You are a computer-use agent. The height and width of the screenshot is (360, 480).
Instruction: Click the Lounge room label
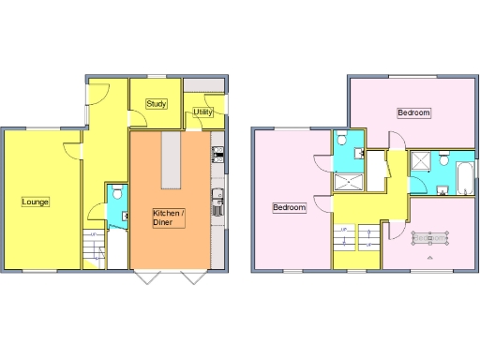(x=36, y=202)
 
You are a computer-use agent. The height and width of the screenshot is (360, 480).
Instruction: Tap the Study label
(x=157, y=104)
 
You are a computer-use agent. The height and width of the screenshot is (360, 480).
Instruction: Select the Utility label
(x=202, y=112)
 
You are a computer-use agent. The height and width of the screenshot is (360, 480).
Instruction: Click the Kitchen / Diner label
(x=169, y=218)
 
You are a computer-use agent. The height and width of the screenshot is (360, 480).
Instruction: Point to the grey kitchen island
(x=171, y=160)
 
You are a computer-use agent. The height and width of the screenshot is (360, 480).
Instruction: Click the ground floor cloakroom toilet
(x=116, y=194)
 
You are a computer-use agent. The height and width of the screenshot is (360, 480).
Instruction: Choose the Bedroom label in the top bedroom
(x=413, y=112)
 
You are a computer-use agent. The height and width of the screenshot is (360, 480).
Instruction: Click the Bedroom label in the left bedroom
(x=289, y=207)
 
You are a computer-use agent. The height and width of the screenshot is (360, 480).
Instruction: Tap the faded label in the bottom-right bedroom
(x=429, y=238)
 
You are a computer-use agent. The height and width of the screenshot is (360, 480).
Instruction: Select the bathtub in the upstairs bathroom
(x=464, y=174)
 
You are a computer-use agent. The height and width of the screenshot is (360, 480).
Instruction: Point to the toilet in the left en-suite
(x=344, y=141)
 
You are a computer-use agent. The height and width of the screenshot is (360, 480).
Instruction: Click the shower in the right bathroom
(x=421, y=161)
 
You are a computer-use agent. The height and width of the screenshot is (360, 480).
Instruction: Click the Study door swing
(x=139, y=119)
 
